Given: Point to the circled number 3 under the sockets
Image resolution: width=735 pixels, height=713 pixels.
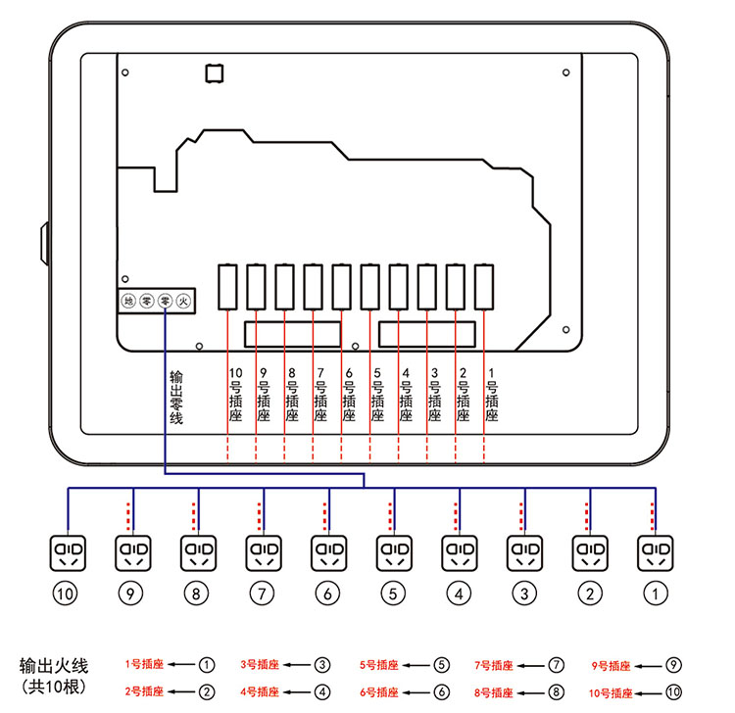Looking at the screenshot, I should click(x=524, y=593).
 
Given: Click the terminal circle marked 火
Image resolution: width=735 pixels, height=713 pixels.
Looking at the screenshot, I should click(x=182, y=302).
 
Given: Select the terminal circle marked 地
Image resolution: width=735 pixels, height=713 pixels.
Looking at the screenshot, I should click(x=128, y=302).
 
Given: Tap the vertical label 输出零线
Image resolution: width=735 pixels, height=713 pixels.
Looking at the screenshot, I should click(x=176, y=398).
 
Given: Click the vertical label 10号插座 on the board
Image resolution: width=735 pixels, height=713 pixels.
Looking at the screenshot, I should click(x=235, y=395).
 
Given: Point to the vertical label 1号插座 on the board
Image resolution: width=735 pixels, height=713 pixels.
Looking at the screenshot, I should click(x=491, y=395).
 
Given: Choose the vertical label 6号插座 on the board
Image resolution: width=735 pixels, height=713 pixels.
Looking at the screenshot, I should click(x=349, y=395).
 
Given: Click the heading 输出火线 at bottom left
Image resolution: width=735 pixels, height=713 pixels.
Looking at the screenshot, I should click(x=54, y=667).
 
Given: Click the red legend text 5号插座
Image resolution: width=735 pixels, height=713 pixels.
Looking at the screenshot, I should click(x=378, y=665).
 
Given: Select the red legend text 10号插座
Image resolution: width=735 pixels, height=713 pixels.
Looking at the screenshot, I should click(x=613, y=691).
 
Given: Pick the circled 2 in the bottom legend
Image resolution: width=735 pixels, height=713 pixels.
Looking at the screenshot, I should click(x=207, y=691).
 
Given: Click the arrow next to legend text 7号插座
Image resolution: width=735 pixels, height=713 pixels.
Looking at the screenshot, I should click(x=532, y=665).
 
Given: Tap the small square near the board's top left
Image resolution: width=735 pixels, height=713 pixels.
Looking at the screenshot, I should click(x=214, y=72).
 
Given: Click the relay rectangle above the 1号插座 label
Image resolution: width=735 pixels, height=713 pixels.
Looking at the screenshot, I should click(x=483, y=286).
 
